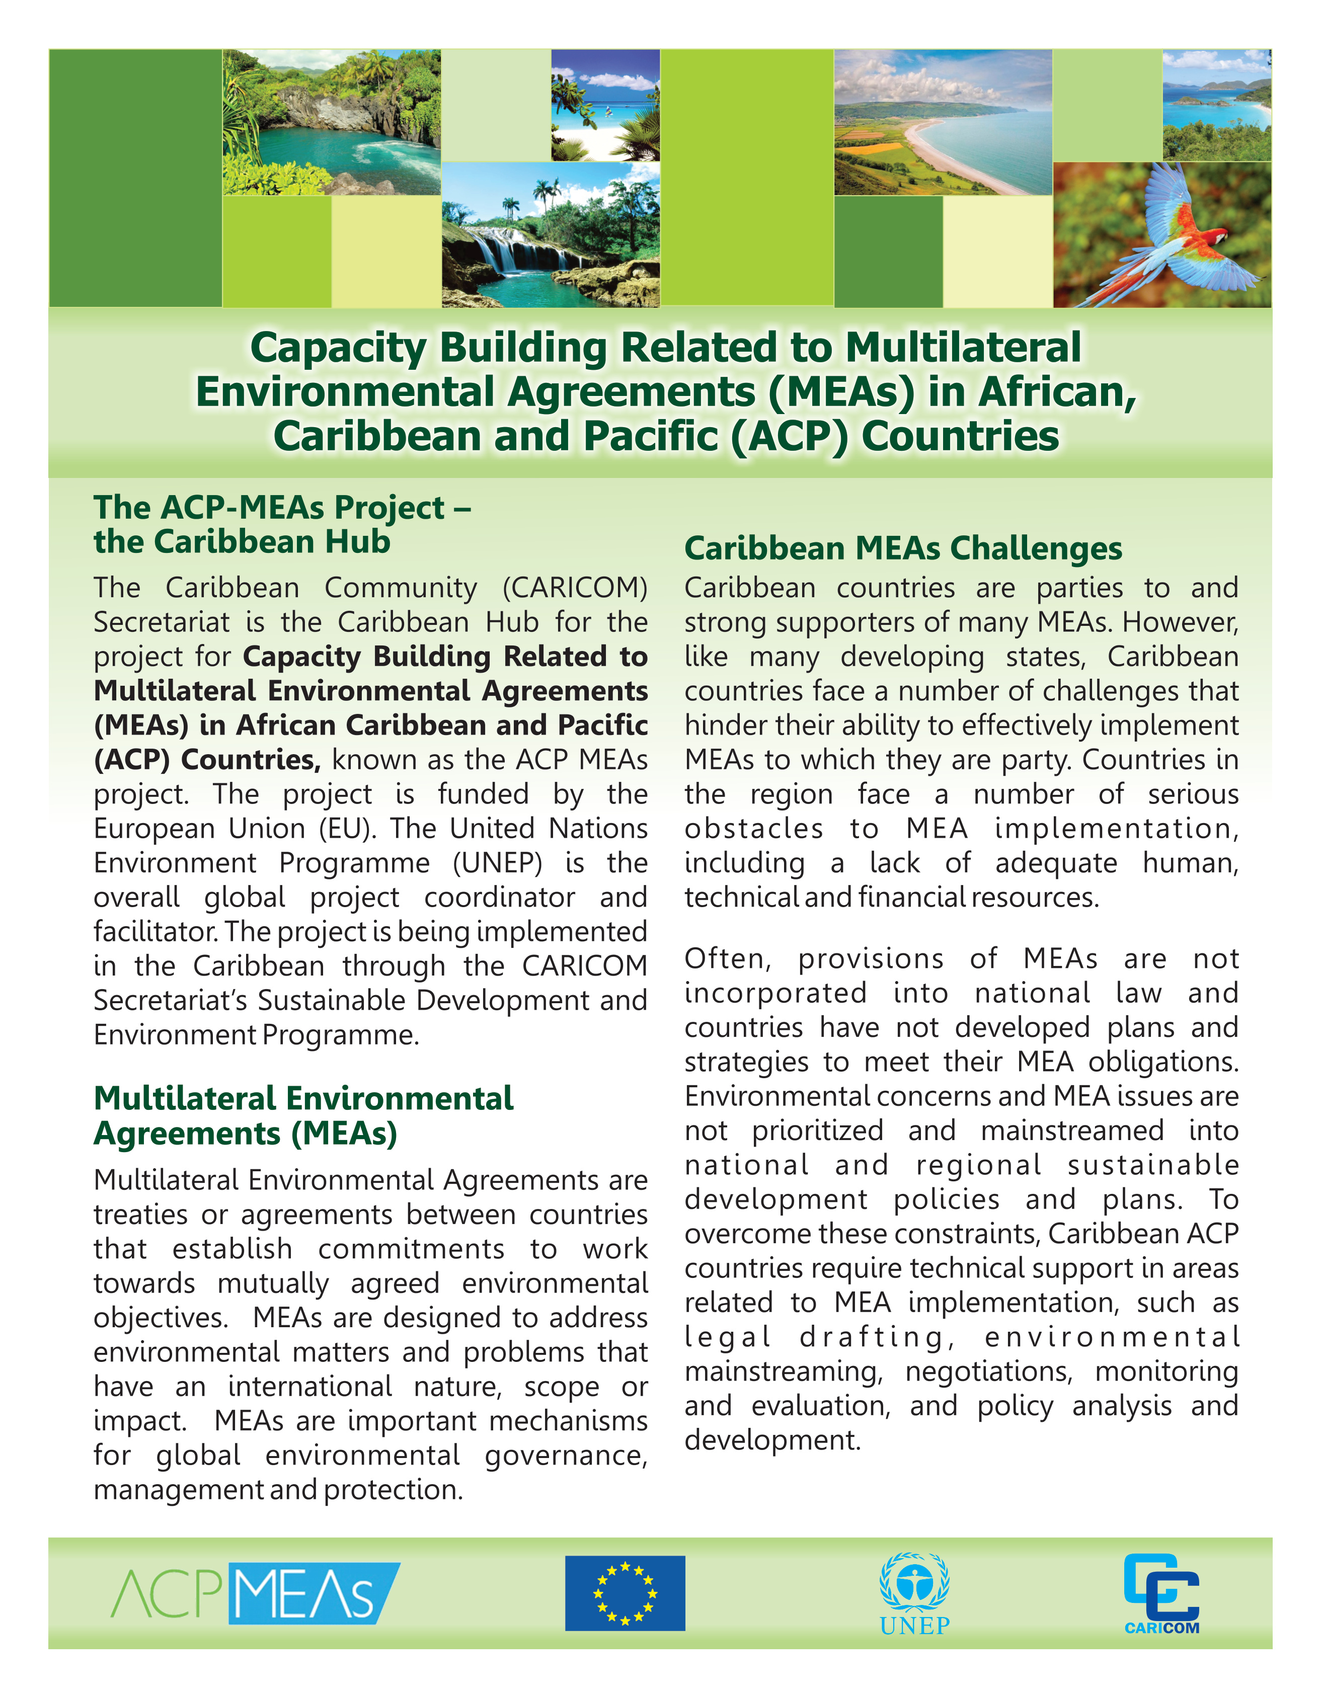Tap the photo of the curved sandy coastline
[943, 122]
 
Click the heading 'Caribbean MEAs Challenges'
[903, 548]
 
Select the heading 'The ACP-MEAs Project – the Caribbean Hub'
[281, 524]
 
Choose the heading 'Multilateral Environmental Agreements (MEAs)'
[303, 1116]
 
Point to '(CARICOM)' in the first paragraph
[575, 588]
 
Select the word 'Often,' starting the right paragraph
[728, 959]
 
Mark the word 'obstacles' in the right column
[753, 829]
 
